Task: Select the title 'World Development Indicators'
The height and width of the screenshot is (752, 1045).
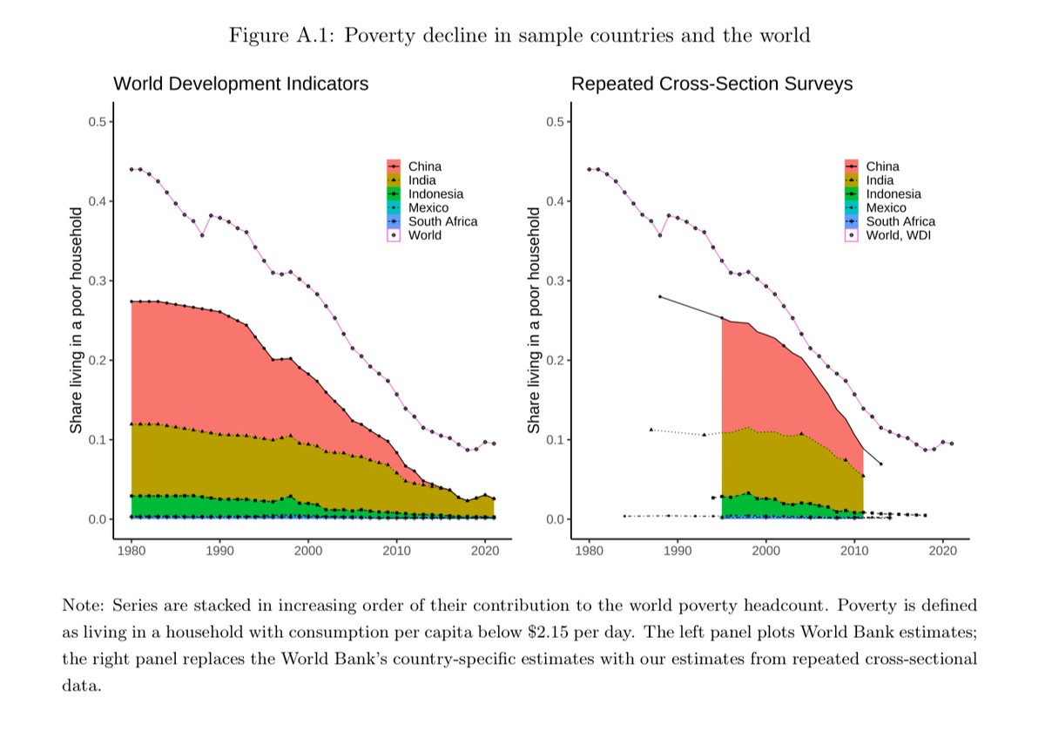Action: coord(240,84)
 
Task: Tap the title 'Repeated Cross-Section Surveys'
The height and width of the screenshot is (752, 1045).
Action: coord(711,84)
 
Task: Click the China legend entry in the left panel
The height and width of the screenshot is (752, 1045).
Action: coord(424,166)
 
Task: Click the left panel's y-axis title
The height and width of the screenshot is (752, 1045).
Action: coord(77,320)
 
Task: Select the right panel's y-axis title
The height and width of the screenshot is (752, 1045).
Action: coord(535,320)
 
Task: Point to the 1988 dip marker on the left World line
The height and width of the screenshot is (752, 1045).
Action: coord(202,235)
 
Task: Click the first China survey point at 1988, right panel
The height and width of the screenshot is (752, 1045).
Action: coord(660,296)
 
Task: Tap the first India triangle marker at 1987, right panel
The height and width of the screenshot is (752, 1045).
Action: coord(651,430)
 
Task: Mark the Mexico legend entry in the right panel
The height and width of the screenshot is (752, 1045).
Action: coord(886,208)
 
